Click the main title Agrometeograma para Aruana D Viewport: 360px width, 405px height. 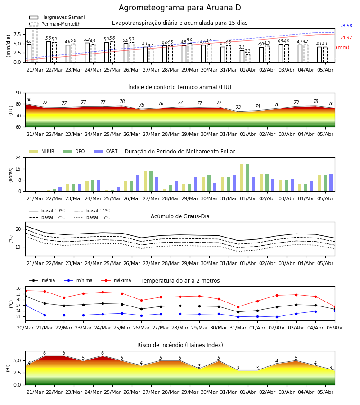tap(180, 8)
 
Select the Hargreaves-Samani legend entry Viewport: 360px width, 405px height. tap(57, 17)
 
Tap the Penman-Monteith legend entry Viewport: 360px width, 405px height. tap(55, 24)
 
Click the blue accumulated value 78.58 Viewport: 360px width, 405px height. tap(346, 26)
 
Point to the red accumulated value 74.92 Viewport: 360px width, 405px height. tap(346, 37)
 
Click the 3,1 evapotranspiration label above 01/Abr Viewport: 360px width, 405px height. tap(242, 47)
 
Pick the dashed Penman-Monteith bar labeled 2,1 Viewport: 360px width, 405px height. tap(247, 58)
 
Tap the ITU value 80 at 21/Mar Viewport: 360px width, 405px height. tap(29, 99)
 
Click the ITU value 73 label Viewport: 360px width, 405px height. tap(238, 107)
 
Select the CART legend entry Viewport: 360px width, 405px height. tap(106, 151)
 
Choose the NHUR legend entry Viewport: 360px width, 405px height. tap(42, 151)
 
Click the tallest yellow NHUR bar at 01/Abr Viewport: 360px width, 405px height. tap(242, 178)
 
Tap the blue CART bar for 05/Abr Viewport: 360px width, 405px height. tap(331, 183)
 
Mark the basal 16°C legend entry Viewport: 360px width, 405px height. tap(92, 217)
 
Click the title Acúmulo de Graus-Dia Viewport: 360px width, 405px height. tap(180, 216)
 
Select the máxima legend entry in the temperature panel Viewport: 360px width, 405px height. tap(116, 280)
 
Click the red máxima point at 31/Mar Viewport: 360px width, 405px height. tap(238, 307)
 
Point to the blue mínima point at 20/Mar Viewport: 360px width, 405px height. tap(25, 305)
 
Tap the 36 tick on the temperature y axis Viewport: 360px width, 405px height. tap(18, 288)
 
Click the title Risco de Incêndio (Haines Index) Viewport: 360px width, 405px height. tap(180, 345)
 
